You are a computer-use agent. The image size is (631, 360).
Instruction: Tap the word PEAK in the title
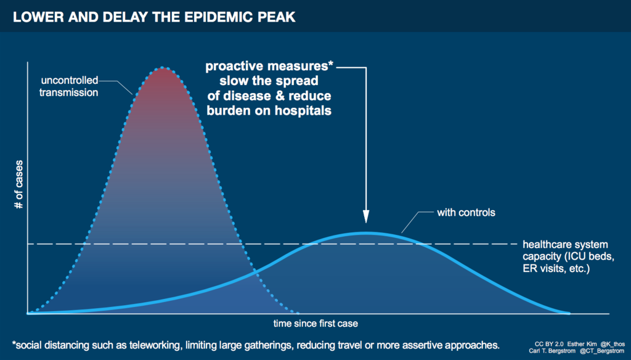[x=279, y=17]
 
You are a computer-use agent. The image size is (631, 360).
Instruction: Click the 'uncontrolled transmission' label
[x=69, y=87]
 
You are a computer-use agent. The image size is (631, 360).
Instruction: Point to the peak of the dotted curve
[x=163, y=68]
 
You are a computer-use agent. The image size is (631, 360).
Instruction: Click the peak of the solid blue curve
[x=367, y=232]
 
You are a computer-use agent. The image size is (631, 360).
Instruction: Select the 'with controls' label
[x=466, y=213]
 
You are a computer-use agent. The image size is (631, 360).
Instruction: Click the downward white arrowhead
[x=366, y=216]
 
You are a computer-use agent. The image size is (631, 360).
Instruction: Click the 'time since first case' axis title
[x=315, y=323]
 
